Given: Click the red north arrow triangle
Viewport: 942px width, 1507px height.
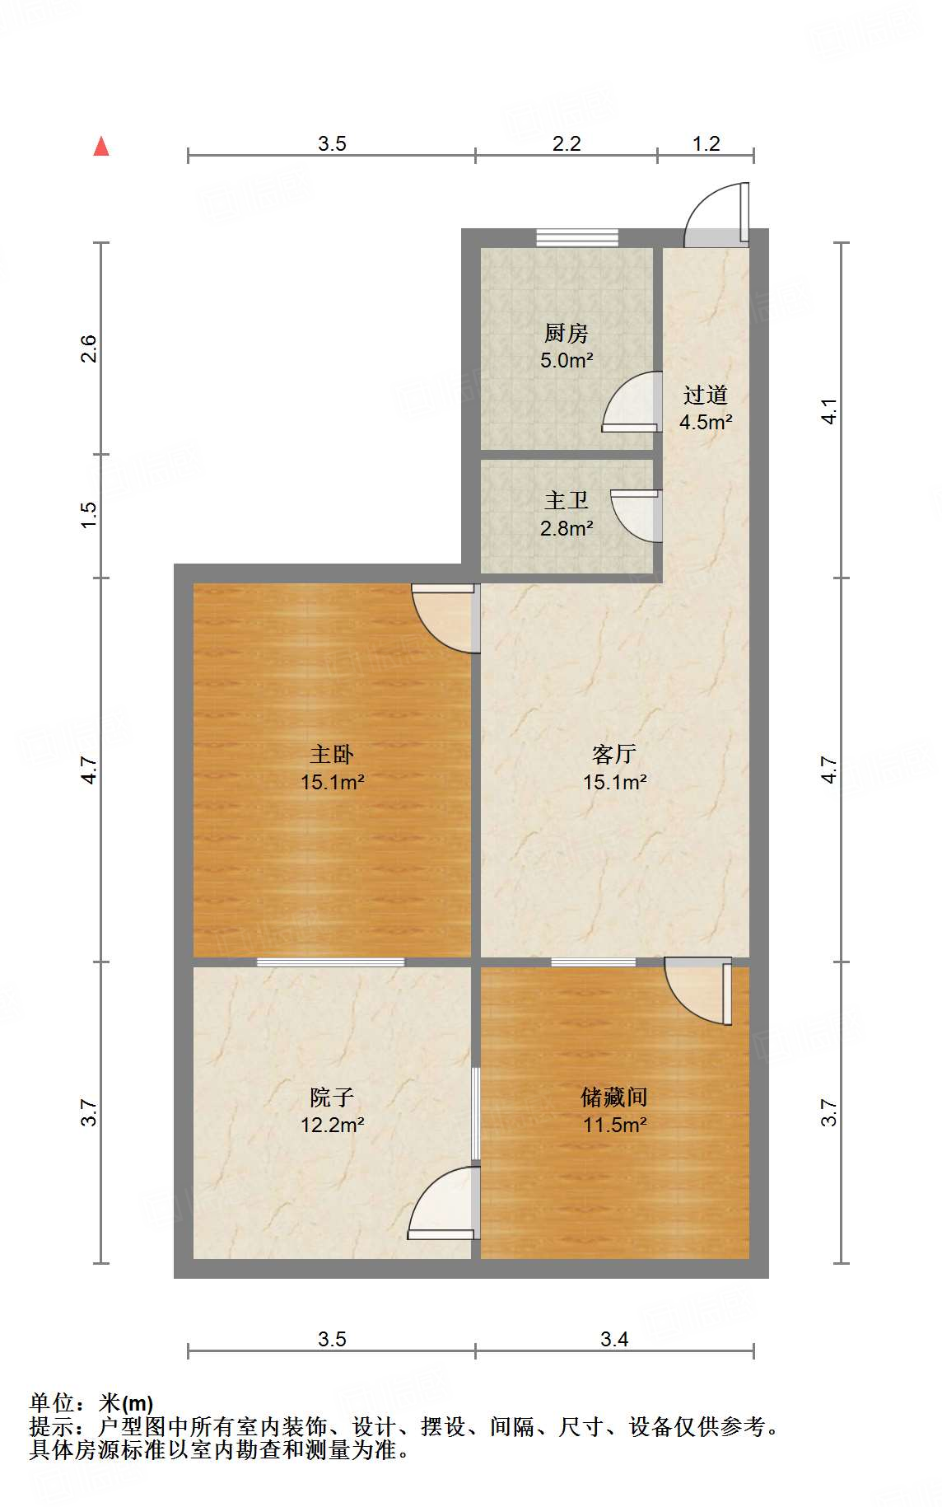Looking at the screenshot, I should [101, 147].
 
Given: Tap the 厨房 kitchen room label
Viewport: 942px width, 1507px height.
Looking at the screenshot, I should [567, 334].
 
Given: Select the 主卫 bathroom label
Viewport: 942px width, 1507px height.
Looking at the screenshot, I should [567, 501].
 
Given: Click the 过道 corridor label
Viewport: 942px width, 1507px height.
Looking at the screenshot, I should [706, 395].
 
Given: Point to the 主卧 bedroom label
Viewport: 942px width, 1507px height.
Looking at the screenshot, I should [332, 754].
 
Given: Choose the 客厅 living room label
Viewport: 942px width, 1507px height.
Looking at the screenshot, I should [614, 754].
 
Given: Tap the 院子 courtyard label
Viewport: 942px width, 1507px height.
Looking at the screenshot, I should [332, 1097].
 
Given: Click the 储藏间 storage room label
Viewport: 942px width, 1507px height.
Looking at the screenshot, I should [614, 1097].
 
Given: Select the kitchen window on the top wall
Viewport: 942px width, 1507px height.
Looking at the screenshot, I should [577, 237].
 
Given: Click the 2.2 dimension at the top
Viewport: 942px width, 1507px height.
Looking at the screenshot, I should [567, 144].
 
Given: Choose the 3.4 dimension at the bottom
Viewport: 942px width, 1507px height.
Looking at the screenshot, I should [614, 1340].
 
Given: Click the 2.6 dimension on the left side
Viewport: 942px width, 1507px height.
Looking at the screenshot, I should [89, 349].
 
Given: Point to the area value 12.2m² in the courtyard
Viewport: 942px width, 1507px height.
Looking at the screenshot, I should [332, 1125].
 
